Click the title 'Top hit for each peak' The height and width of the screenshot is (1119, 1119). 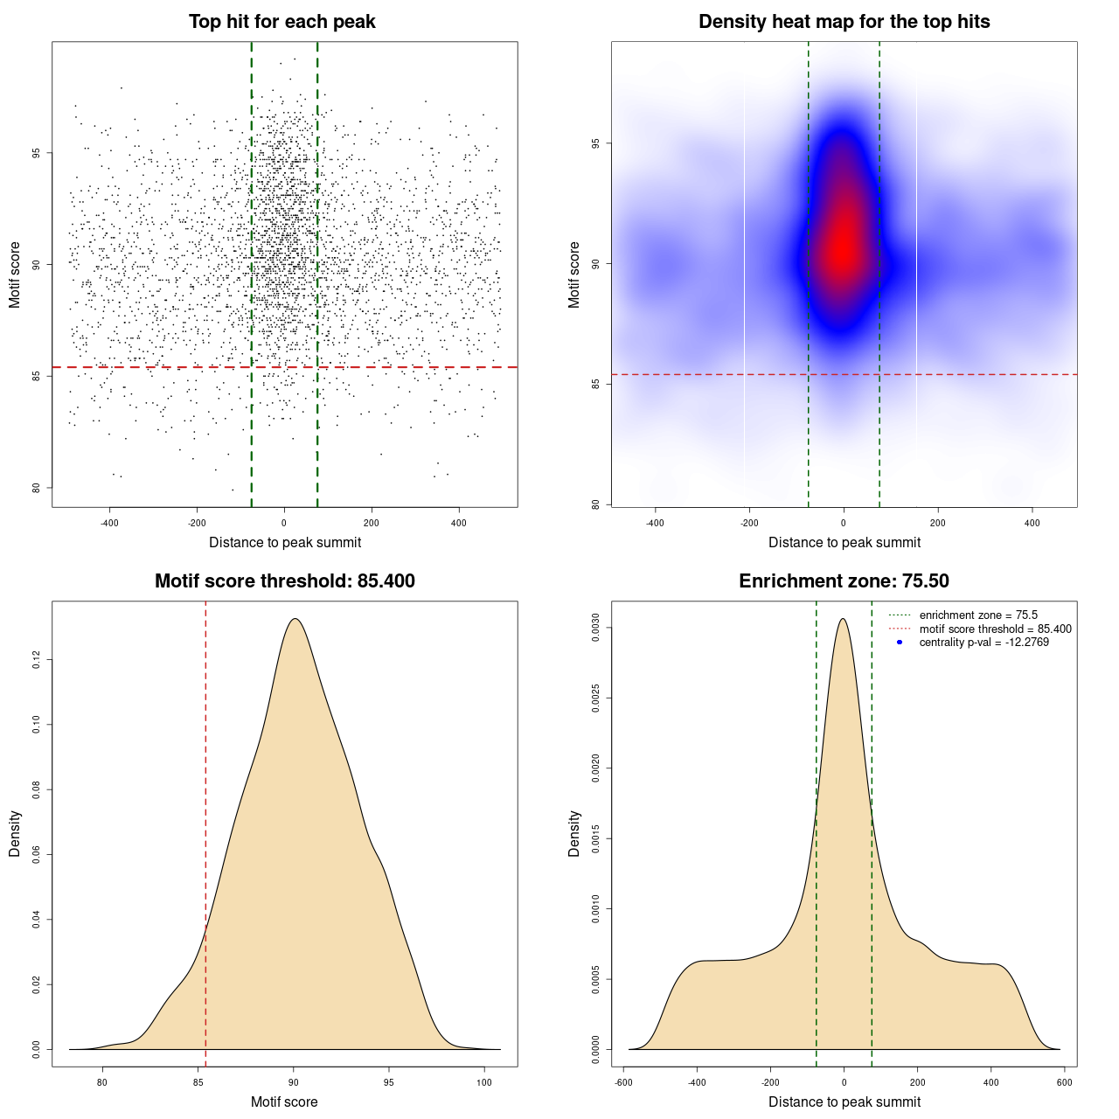click(281, 22)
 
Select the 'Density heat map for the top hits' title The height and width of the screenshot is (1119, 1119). click(844, 22)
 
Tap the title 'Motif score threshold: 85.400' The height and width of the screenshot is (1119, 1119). click(284, 581)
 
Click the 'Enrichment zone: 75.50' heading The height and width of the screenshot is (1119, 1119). click(844, 581)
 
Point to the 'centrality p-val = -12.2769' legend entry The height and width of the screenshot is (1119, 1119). click(983, 643)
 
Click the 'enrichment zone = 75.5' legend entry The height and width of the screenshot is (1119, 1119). click(978, 615)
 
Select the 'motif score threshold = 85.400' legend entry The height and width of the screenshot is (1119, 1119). click(995, 629)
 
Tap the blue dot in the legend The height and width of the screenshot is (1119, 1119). click(900, 643)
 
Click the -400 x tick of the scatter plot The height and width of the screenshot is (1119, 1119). click(109, 523)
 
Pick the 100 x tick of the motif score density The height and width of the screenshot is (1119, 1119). click(484, 1082)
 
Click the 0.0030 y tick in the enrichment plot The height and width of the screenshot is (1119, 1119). click(595, 628)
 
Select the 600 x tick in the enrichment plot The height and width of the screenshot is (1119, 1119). click(1064, 1082)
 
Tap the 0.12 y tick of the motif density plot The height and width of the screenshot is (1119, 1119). click(36, 659)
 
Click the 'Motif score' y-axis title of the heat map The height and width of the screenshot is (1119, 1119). click(574, 275)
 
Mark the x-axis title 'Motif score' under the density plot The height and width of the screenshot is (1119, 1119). click(284, 1102)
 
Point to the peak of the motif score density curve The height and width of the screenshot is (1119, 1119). click(295, 619)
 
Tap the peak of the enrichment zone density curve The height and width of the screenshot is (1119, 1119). click(843, 619)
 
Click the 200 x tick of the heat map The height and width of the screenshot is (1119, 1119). click(938, 523)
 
